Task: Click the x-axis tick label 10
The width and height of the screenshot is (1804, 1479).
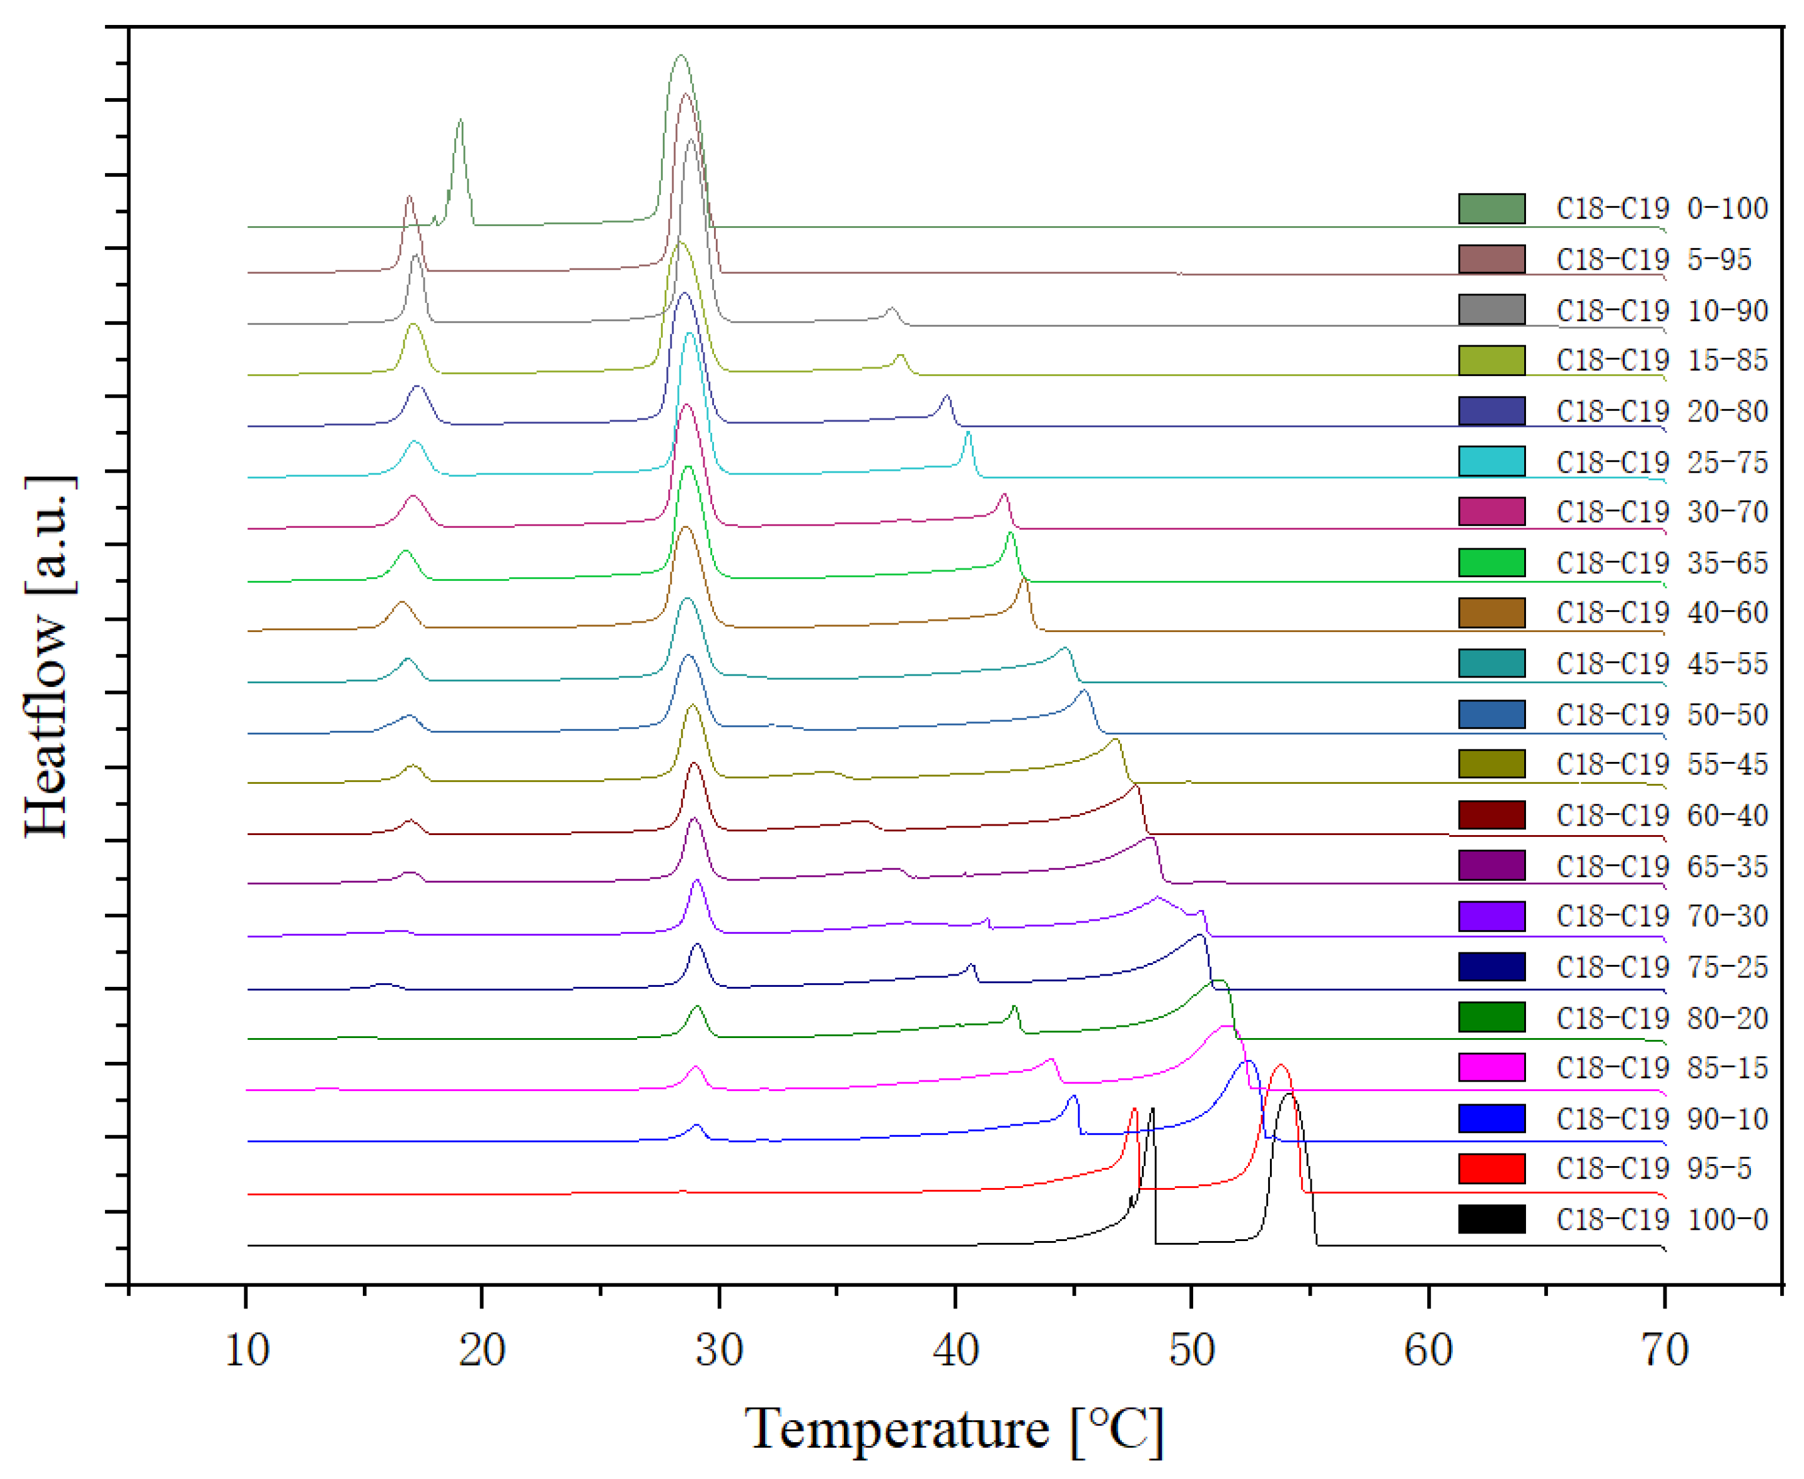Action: click(247, 1350)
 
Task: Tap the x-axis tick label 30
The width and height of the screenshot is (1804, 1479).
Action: click(719, 1350)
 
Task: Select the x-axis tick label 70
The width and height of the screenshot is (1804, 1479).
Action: click(1664, 1350)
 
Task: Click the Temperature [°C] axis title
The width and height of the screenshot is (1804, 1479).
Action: click(954, 1429)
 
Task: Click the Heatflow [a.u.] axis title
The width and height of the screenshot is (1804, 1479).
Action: click(49, 656)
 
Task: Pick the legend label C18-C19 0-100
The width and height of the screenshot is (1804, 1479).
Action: click(1662, 209)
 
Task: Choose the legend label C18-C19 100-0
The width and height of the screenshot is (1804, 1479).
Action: click(1662, 1220)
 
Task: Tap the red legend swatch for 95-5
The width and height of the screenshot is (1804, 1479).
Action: click(1491, 1169)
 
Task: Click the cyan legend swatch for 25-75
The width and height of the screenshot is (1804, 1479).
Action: click(1491, 462)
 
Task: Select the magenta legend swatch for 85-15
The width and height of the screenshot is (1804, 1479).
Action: click(1491, 1067)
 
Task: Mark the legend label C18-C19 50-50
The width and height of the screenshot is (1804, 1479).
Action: click(1662, 715)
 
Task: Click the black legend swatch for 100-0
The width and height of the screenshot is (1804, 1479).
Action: click(1491, 1220)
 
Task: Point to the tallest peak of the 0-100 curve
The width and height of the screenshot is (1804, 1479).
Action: click(680, 56)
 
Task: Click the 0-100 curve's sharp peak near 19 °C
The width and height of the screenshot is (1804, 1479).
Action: click(460, 120)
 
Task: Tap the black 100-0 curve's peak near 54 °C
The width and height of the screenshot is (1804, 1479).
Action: click(1289, 1095)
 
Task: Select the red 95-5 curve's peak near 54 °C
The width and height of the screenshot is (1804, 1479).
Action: click(1280, 1066)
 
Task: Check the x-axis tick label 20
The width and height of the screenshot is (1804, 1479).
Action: click(482, 1350)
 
